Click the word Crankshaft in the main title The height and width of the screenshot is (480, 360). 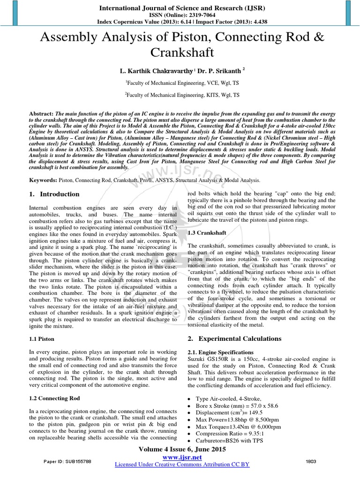click(180, 52)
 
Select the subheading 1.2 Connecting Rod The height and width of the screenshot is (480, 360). click(54, 398)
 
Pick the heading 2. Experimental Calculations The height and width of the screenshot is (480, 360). click(234, 338)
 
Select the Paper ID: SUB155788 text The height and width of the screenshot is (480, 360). click(68, 462)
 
